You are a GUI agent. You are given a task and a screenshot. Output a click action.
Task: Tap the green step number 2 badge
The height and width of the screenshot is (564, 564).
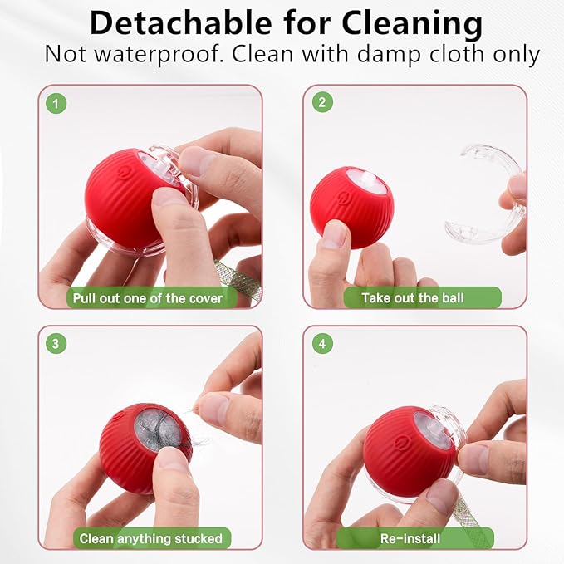321,103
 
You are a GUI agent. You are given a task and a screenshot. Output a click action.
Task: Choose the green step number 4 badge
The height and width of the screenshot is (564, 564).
321,343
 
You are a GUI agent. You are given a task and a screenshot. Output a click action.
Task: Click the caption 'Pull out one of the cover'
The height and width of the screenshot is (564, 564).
148,297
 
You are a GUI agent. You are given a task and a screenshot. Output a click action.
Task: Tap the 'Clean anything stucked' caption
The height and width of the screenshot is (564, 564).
150,538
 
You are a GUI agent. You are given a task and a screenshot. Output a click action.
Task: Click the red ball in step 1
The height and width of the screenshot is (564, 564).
125,195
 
